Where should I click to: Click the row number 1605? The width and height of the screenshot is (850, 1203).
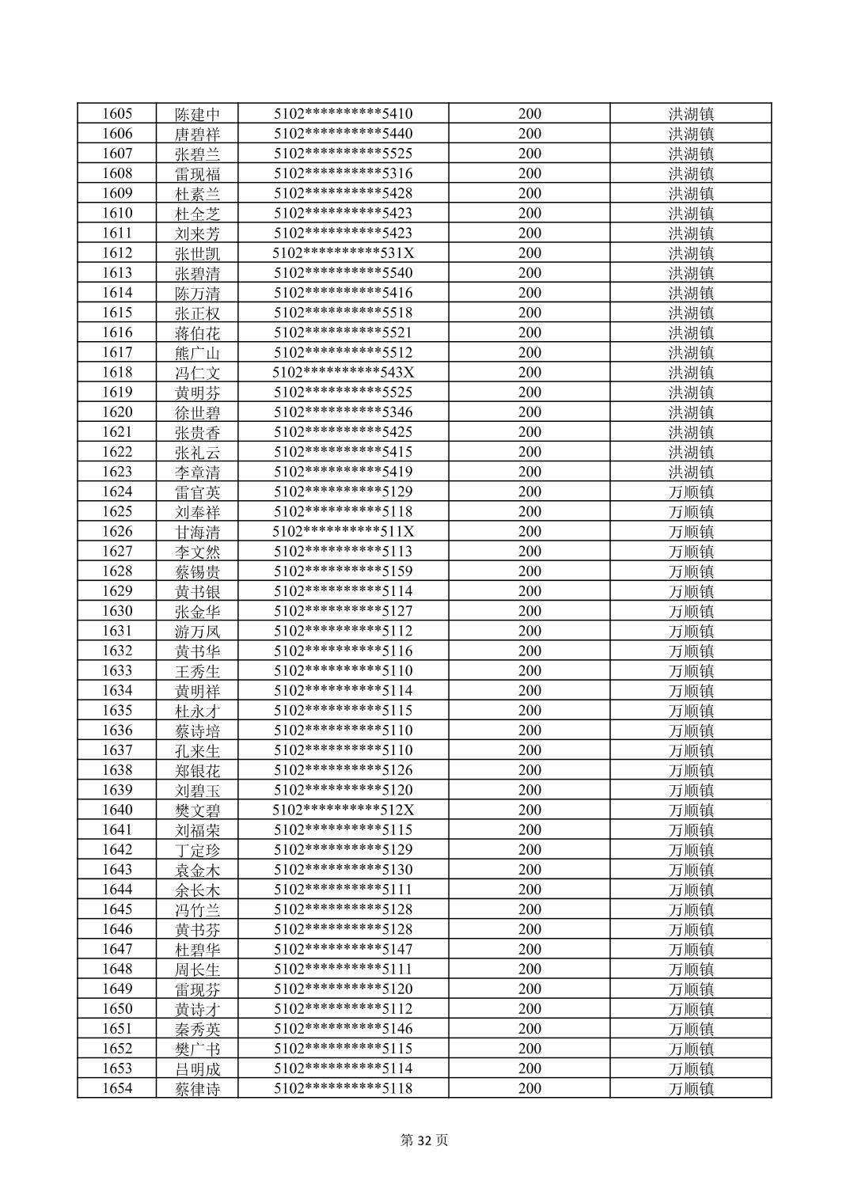117,114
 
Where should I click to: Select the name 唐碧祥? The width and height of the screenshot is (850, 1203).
197,134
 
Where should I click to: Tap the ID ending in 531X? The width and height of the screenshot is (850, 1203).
343,253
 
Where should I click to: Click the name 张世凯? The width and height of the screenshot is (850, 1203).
197,253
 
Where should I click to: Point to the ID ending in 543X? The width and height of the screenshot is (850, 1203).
343,372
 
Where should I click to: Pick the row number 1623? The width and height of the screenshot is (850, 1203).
117,472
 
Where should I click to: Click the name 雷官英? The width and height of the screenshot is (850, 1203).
197,491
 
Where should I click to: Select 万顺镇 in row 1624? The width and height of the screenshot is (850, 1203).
691,491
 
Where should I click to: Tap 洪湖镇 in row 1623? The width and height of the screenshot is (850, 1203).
691,472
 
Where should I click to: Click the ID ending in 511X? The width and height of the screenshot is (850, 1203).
343,531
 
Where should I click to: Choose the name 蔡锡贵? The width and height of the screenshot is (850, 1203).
197,571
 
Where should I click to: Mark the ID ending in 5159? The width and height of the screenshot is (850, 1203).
343,571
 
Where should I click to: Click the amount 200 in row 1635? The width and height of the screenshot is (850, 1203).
529,711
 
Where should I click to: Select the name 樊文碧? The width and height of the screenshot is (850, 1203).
197,810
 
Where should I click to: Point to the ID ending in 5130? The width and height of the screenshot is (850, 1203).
343,870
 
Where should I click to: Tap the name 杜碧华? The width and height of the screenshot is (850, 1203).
197,949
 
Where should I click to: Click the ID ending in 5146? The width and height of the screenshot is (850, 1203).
343,1029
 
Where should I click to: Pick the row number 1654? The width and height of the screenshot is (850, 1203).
117,1088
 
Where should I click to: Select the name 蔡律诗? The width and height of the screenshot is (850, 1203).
197,1088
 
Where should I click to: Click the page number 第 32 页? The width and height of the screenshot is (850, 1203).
424,1140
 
